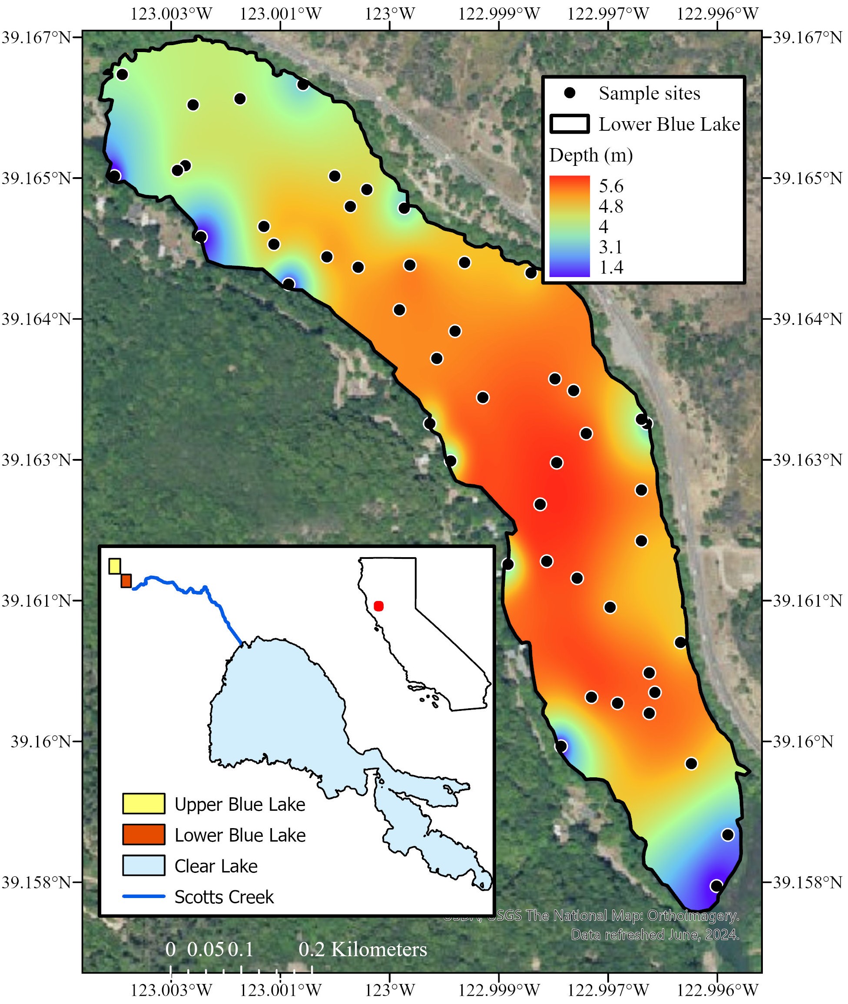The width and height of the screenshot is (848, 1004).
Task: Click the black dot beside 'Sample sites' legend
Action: [x=570, y=93]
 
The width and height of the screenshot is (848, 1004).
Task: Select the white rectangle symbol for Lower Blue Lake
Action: [x=570, y=125]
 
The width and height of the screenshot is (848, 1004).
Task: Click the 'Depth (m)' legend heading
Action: [x=591, y=155]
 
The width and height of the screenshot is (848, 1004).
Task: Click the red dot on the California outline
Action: [x=378, y=606]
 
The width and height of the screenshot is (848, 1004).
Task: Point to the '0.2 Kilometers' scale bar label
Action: [x=363, y=950]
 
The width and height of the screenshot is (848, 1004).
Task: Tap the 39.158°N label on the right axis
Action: [x=807, y=882]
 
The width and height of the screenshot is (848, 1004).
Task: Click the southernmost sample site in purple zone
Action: [x=716, y=886]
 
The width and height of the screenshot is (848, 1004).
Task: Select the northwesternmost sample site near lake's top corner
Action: [x=122, y=75]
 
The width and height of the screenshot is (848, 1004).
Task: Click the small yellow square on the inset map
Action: [x=114, y=566]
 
